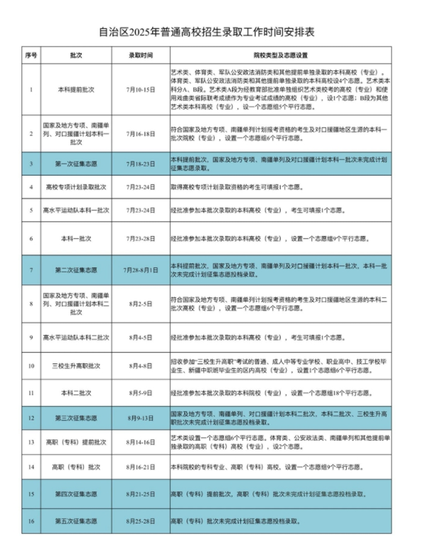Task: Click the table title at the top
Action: (x=211, y=31)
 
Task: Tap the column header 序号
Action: (x=31, y=55)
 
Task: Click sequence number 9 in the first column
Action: (x=31, y=336)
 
